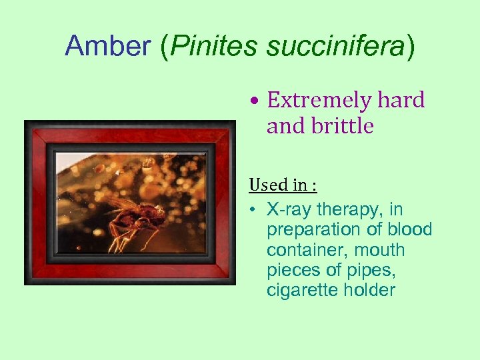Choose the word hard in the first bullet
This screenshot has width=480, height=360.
401,100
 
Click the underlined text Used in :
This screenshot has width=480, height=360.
283,184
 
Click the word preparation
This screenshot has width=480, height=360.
312,230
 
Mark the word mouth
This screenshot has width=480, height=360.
380,250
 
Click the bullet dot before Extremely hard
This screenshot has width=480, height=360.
255,101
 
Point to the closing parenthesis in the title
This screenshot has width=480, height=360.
409,46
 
